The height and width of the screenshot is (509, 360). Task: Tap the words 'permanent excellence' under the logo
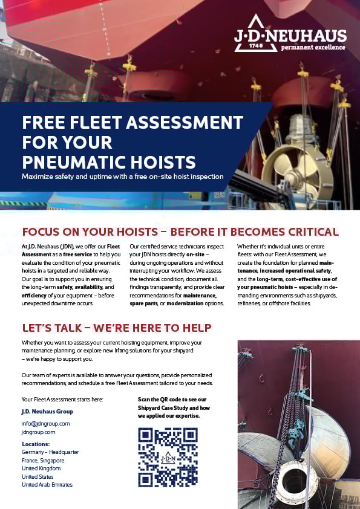tap(315, 47)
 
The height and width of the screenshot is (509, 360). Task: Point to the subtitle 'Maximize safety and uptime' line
tap(122, 177)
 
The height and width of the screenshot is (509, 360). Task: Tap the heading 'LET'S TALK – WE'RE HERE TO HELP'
tap(116, 328)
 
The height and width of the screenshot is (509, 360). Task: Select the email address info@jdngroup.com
tap(45, 423)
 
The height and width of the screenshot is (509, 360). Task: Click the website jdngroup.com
tap(38, 432)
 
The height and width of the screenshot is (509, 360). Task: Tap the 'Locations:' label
tap(35, 444)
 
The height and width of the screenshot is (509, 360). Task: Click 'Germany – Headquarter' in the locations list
tap(50, 452)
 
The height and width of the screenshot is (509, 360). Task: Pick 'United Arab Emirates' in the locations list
tap(47, 485)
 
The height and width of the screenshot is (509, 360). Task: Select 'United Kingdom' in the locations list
tap(41, 468)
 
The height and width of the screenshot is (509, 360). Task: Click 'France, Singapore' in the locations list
tap(43, 460)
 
